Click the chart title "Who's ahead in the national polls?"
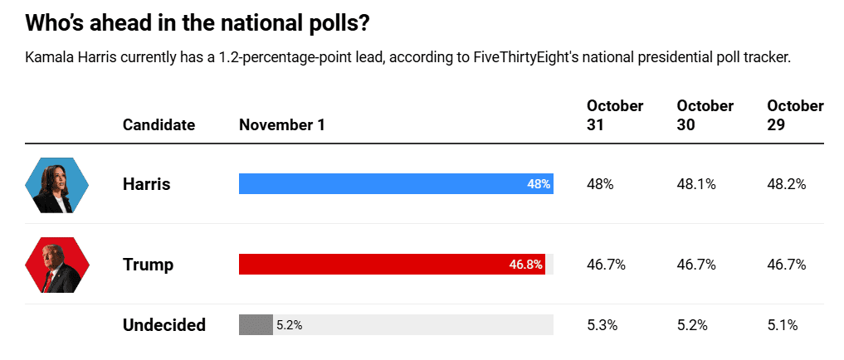pyautogui.click(x=197, y=22)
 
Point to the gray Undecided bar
pyautogui.click(x=256, y=325)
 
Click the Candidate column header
pyautogui.click(x=159, y=125)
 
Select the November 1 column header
pyautogui.click(x=282, y=125)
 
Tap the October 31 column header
pyautogui.click(x=615, y=115)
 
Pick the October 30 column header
pyautogui.click(x=705, y=115)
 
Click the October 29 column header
pyautogui.click(x=795, y=115)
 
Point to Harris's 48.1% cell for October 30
pyautogui.click(x=696, y=184)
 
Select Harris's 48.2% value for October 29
pyautogui.click(x=787, y=184)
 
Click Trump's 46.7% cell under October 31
pyautogui.click(x=606, y=265)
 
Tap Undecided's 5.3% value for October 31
pyautogui.click(x=603, y=325)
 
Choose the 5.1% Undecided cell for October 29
pyautogui.click(x=783, y=325)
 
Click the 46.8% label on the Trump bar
pyautogui.click(x=525, y=265)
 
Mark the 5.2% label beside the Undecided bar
pyautogui.click(x=289, y=325)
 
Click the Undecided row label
pyautogui.click(x=163, y=325)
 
